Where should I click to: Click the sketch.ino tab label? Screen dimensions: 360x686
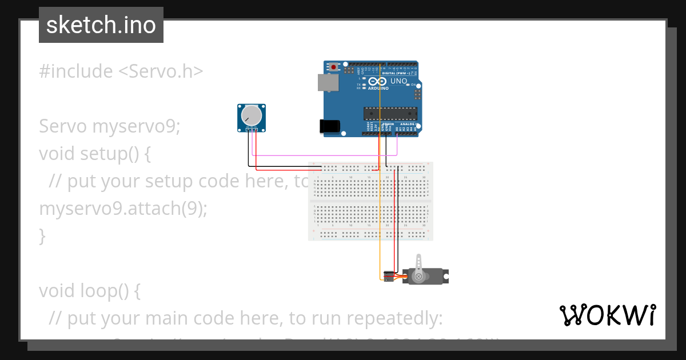click(101, 25)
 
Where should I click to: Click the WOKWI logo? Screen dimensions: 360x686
click(607, 315)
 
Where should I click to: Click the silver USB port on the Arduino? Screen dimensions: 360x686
click(328, 83)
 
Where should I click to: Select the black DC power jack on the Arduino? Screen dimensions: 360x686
click(329, 126)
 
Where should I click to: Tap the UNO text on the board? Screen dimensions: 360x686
click(398, 81)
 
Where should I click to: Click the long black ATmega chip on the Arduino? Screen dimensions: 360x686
click(390, 114)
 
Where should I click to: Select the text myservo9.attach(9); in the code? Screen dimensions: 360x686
click(123, 209)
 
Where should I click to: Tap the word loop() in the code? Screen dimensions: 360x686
click(117, 291)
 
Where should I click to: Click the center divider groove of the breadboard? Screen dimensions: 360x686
click(370, 201)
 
